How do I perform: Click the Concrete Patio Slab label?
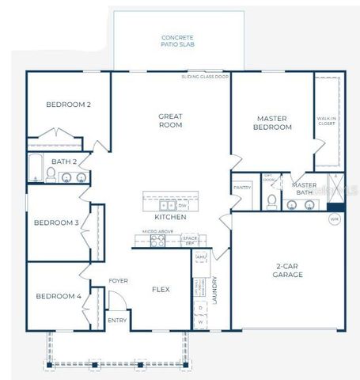179,40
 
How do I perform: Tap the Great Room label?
171,121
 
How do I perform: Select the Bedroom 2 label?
68,104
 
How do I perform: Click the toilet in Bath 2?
51,177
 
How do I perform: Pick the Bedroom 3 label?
56,222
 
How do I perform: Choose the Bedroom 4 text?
59,296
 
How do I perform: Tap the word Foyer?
119,281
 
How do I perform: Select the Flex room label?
161,290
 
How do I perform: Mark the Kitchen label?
170,217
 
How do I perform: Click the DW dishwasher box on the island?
182,205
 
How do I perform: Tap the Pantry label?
241,188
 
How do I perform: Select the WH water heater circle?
333,218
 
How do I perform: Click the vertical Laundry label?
214,290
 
